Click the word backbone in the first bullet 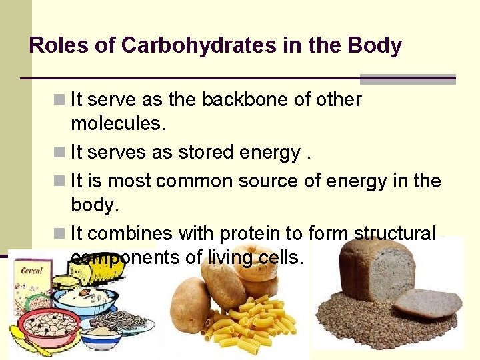pyautogui.click(x=245, y=100)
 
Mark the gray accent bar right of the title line pyautogui.click(x=407, y=79)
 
